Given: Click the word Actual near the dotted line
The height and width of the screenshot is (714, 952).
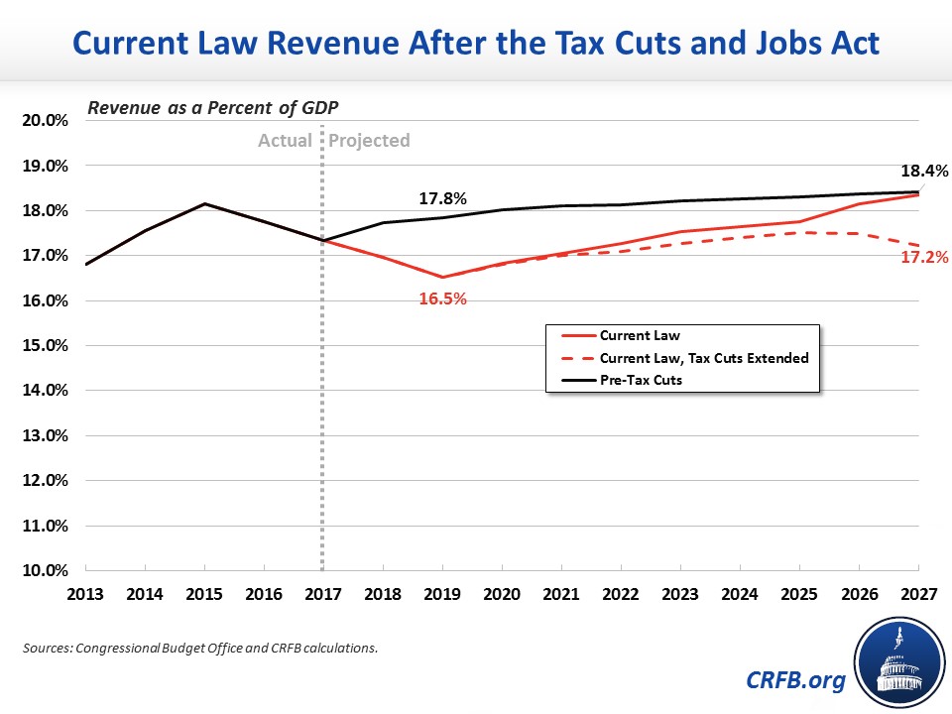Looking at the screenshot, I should [285, 141].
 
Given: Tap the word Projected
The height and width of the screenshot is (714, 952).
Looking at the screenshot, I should [369, 141].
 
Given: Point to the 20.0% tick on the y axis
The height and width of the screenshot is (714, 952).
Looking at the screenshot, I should [45, 121].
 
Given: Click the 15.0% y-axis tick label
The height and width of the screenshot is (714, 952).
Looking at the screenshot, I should [45, 346].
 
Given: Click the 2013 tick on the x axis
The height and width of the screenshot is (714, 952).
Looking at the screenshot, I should [86, 595].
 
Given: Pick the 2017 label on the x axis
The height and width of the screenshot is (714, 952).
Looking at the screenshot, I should [323, 595].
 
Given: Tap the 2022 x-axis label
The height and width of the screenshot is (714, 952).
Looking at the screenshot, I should [621, 595].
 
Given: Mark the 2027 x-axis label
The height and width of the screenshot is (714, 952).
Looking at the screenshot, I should [917, 595].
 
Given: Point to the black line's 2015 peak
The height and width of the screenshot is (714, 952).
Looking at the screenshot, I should [205, 204].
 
